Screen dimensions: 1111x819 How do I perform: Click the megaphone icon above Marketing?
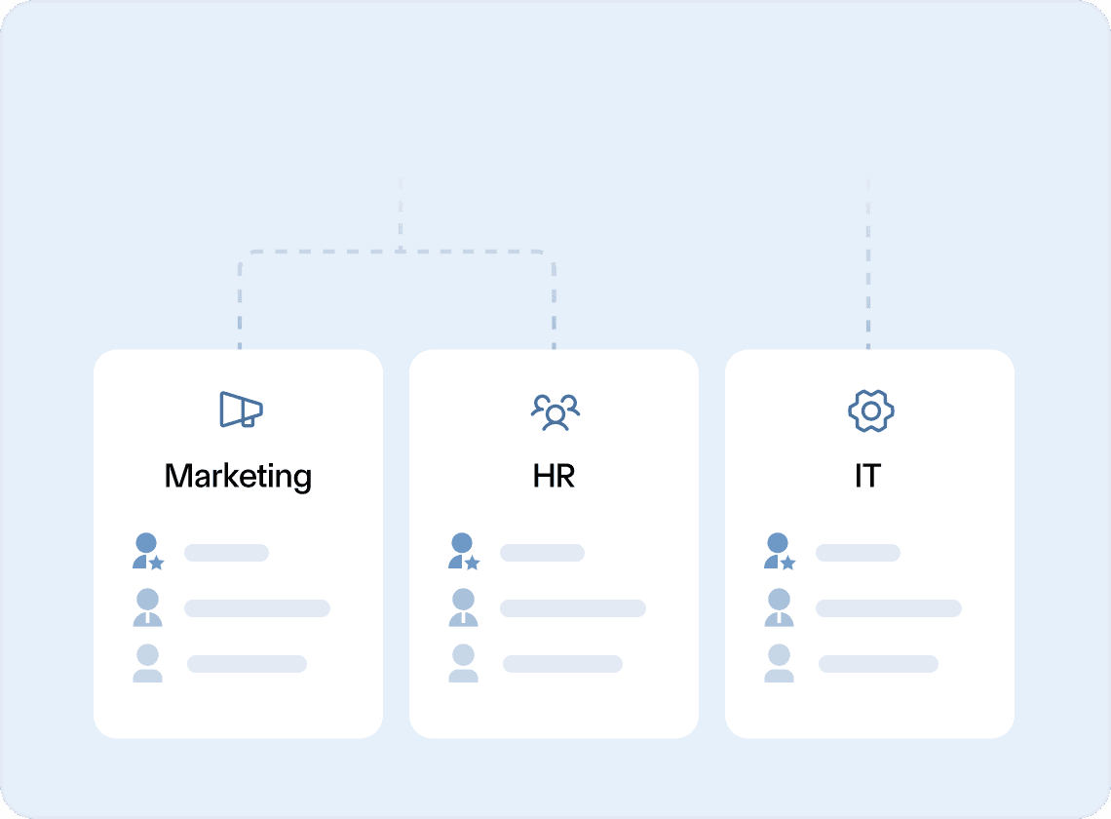pyautogui.click(x=241, y=409)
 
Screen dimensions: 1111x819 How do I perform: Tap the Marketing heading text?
pyautogui.click(x=238, y=476)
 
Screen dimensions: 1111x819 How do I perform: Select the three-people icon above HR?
pyautogui.click(x=555, y=411)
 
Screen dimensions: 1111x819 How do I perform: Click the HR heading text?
pyautogui.click(x=554, y=476)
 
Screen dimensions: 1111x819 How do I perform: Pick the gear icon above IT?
pyautogui.click(x=870, y=410)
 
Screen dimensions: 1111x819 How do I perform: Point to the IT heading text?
pyautogui.click(x=867, y=476)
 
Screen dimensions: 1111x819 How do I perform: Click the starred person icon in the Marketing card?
pyautogui.click(x=147, y=552)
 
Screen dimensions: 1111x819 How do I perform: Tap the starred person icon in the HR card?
pyautogui.click(x=463, y=552)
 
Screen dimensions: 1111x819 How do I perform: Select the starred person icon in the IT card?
pyautogui.click(x=779, y=552)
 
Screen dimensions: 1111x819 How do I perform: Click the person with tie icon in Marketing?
pyautogui.click(x=147, y=607)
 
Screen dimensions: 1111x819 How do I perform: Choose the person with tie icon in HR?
pyautogui.click(x=463, y=607)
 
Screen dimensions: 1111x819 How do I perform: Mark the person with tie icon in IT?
pyautogui.click(x=779, y=607)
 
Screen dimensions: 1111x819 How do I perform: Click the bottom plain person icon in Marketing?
pyautogui.click(x=147, y=663)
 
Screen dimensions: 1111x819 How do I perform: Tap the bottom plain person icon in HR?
pyautogui.click(x=463, y=663)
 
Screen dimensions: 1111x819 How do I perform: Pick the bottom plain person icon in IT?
pyautogui.click(x=779, y=663)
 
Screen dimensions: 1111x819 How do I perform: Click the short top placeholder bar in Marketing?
pyautogui.click(x=226, y=553)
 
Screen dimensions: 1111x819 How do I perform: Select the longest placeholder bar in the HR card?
pyautogui.click(x=572, y=608)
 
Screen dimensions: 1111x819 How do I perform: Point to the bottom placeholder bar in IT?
pyautogui.click(x=878, y=664)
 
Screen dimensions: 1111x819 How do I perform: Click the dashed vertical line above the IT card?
pyautogui.click(x=868, y=263)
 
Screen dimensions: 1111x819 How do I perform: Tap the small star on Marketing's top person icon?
pyautogui.click(x=157, y=564)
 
